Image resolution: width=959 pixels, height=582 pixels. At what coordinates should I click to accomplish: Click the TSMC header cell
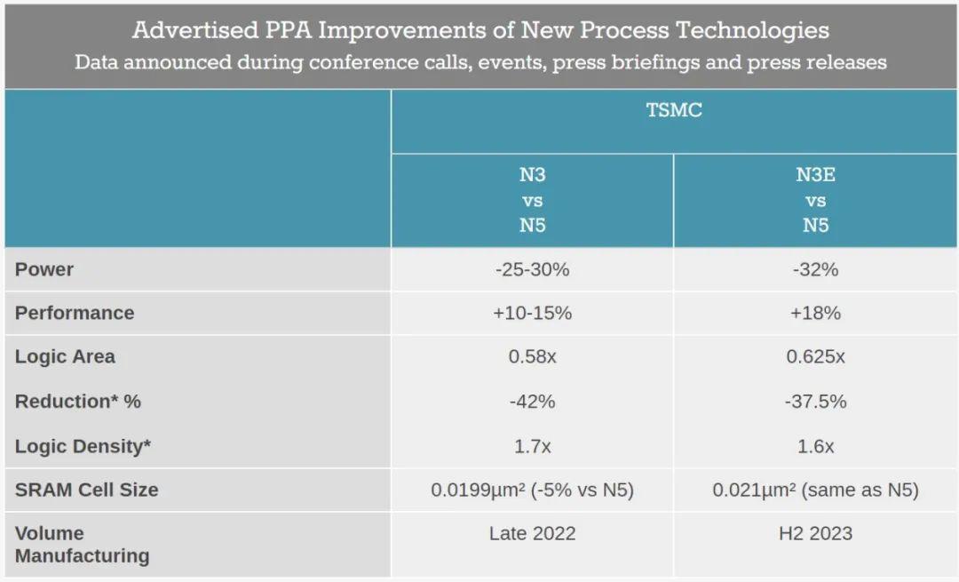674,111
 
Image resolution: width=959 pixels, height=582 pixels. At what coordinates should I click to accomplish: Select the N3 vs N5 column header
532,200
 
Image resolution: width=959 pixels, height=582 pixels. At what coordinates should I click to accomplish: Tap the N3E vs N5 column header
815,200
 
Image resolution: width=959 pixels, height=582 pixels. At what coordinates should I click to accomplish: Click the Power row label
44,269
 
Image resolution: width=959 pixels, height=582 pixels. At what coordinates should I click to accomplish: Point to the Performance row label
75,313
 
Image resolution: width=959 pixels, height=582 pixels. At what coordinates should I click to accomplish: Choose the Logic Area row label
65,356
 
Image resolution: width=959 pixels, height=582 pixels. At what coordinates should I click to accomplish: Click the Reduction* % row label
78,401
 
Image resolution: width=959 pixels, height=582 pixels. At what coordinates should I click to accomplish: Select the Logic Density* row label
83,446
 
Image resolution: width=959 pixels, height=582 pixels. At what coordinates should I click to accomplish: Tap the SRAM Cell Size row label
86,490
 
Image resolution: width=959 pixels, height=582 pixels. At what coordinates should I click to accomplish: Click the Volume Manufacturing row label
82,545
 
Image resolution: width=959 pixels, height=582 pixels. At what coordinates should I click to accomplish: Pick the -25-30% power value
532,269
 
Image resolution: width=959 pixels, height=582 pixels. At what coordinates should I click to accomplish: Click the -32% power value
815,269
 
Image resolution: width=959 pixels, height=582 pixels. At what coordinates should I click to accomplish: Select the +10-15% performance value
532,313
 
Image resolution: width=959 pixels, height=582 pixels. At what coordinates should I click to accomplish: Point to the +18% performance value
815,313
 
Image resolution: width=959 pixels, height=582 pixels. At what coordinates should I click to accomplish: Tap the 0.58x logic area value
532,356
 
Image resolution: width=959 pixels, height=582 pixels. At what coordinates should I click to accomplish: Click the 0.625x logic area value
815,356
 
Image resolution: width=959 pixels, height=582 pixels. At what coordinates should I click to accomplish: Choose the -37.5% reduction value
815,401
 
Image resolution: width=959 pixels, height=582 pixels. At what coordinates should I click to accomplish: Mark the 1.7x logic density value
532,446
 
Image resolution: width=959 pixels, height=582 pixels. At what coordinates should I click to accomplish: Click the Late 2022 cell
532,533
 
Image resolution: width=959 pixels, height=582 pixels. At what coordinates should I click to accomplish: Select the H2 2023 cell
815,533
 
